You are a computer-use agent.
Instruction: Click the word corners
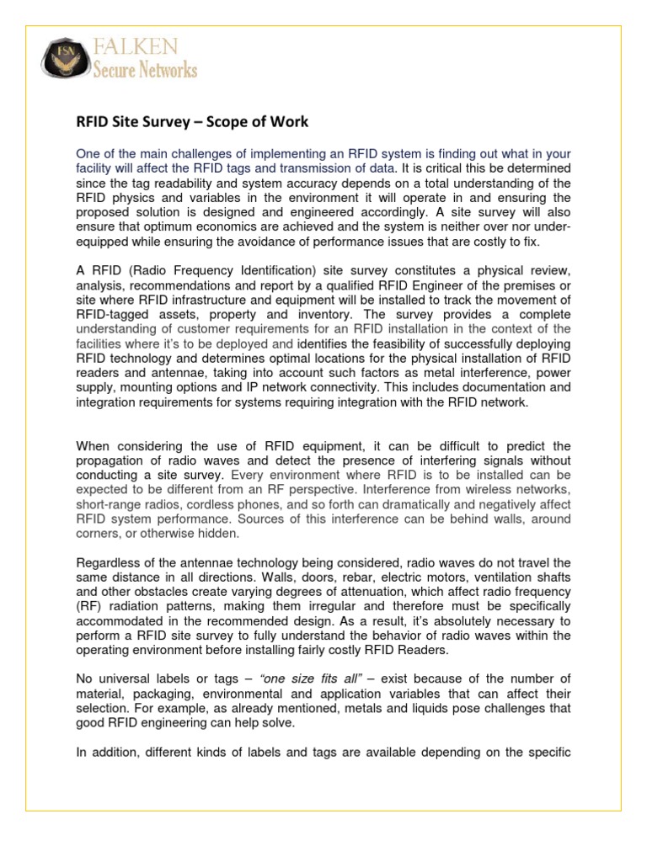[97, 535]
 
